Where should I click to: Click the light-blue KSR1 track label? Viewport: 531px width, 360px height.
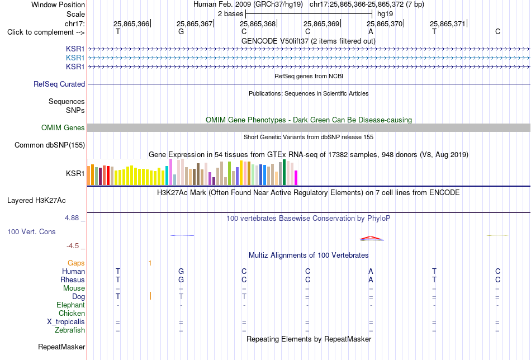pyautogui.click(x=75, y=58)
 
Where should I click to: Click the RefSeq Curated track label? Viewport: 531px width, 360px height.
pyautogui.click(x=59, y=84)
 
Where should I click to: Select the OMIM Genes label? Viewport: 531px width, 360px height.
pyautogui.click(x=63, y=127)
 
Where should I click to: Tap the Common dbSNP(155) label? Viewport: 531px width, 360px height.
pyautogui.click(x=50, y=145)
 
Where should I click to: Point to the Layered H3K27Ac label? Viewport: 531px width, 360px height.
pyautogui.click(x=36, y=201)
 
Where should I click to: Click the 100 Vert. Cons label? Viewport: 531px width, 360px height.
pyautogui.click(x=31, y=231)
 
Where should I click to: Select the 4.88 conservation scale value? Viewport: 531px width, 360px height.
pyautogui.click(x=72, y=218)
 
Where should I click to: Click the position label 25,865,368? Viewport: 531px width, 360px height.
pyautogui.click(x=258, y=23)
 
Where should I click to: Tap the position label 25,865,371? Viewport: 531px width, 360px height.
pyautogui.click(x=448, y=23)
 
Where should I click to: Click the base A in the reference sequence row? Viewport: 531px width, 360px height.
pyautogui.click(x=371, y=31)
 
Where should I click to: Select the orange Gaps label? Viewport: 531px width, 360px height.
pyautogui.click(x=76, y=263)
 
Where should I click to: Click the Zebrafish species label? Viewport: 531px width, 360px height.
pyautogui.click(x=70, y=330)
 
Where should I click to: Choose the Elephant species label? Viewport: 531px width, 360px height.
pyautogui.click(x=71, y=305)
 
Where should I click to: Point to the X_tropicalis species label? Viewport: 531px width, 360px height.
pyautogui.click(x=66, y=322)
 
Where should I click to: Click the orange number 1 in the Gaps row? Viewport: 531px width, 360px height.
pyautogui.click(x=150, y=263)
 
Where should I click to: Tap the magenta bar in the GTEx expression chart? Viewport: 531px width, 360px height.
pyautogui.click(x=296, y=178)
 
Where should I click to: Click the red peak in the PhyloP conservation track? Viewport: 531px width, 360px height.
pyautogui.click(x=371, y=238)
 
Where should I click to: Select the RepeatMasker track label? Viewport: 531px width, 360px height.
pyautogui.click(x=61, y=347)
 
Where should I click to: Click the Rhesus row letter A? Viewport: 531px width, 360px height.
pyautogui.click(x=371, y=280)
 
